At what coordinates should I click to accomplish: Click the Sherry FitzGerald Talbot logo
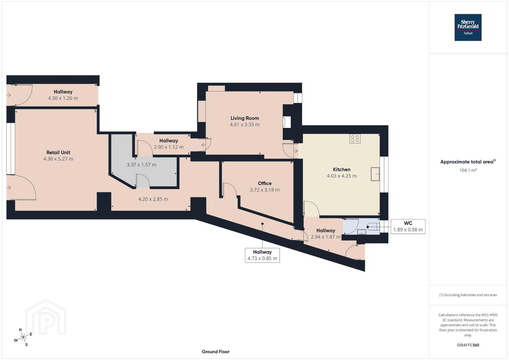468,27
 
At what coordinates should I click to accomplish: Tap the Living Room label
245,118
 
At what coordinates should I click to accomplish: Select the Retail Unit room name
58,152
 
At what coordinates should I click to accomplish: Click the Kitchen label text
342,169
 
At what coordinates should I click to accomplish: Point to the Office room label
265,183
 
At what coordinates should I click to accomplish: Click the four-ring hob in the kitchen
355,139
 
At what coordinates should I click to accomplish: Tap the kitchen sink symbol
375,174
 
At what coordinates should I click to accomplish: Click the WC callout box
408,226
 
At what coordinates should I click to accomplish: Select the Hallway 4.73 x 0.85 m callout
262,255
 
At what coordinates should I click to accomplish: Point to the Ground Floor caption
216,352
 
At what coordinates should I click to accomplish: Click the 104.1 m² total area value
468,170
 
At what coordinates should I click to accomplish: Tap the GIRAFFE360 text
468,345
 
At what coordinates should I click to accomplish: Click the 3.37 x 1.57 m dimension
141,165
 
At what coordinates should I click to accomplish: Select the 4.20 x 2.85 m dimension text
153,199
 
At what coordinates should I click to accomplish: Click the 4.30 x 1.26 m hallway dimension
63,98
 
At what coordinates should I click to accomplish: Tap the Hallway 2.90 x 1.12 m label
168,144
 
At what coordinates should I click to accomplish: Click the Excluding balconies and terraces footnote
468,295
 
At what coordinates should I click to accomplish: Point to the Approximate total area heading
468,161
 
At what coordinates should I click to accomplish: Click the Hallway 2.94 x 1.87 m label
326,234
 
